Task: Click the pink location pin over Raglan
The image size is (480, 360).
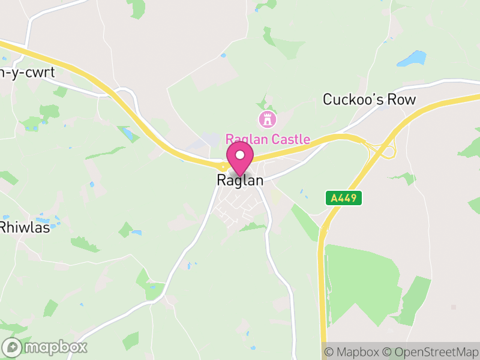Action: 240,158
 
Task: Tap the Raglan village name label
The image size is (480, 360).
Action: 240,180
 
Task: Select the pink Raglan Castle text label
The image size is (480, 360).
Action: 268,140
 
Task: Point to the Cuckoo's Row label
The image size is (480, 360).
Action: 369,100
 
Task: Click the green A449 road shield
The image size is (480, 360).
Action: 344,197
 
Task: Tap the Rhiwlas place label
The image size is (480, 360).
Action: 25,227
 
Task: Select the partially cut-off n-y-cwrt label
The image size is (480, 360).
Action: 28,73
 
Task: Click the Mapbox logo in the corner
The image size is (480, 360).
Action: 45,347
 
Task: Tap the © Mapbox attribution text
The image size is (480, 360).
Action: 353,352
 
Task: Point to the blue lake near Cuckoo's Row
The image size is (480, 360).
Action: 412,59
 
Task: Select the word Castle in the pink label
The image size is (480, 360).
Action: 290,140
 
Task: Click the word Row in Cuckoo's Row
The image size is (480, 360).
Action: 401,100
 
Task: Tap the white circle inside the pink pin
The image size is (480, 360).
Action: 240,155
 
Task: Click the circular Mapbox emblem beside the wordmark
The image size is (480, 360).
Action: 13,347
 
